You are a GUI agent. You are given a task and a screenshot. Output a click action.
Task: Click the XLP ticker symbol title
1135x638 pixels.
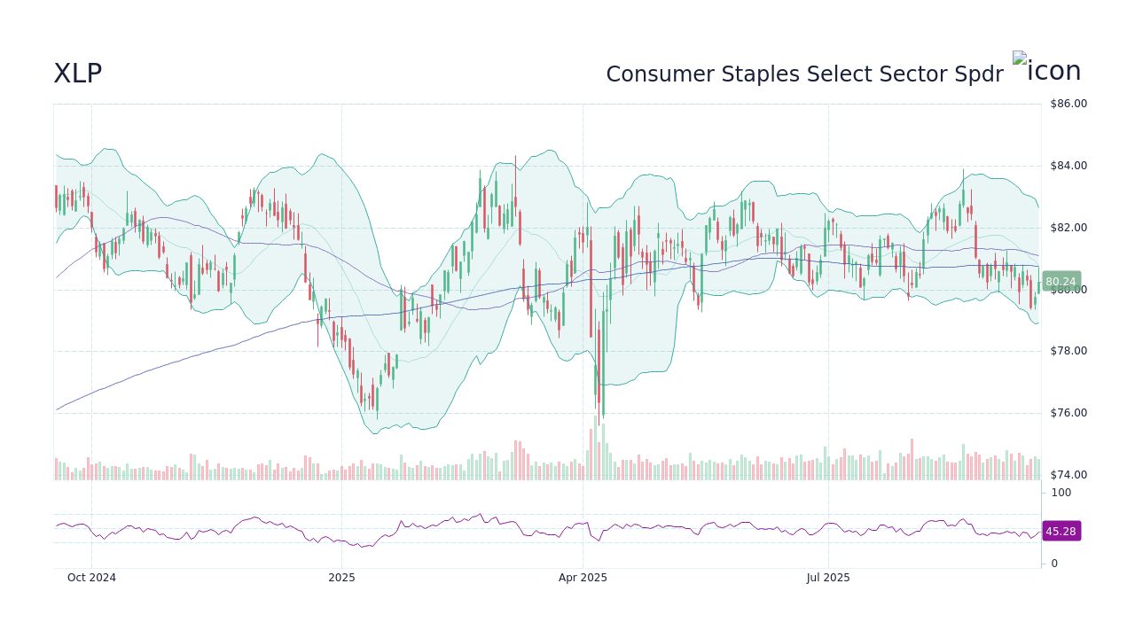[x=78, y=74]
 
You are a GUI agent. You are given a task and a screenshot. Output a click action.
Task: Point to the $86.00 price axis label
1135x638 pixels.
[x=1068, y=104]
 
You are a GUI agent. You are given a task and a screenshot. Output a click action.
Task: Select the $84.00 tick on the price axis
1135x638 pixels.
[x=1068, y=166]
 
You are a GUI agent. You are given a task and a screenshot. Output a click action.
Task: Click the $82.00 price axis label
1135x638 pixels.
[x=1068, y=228]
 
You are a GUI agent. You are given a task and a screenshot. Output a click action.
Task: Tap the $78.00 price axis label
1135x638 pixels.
[x=1068, y=351]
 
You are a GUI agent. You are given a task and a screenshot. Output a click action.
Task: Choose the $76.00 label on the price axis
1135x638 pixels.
[x=1068, y=413]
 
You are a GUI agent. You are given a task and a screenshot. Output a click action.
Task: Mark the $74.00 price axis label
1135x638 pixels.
[x=1068, y=475]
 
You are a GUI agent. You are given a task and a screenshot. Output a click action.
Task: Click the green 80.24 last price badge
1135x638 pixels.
[x=1061, y=282]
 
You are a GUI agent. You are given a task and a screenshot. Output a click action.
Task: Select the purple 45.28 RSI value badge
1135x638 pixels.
[x=1061, y=532]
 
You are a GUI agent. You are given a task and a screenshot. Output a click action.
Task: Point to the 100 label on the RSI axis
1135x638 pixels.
[x=1061, y=493]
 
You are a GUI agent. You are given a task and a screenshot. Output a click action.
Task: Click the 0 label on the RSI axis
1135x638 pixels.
[x=1054, y=564]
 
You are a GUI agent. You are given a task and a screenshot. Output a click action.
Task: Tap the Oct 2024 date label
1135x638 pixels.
[x=91, y=578]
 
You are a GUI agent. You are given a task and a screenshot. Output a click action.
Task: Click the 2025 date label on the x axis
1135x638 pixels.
[x=341, y=578]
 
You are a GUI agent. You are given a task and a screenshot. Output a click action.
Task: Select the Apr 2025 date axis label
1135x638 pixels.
[x=583, y=578]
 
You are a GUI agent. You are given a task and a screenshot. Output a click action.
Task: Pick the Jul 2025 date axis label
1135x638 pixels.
[x=828, y=578]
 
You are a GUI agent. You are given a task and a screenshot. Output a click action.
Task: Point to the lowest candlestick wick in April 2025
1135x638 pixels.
[x=603, y=416]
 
